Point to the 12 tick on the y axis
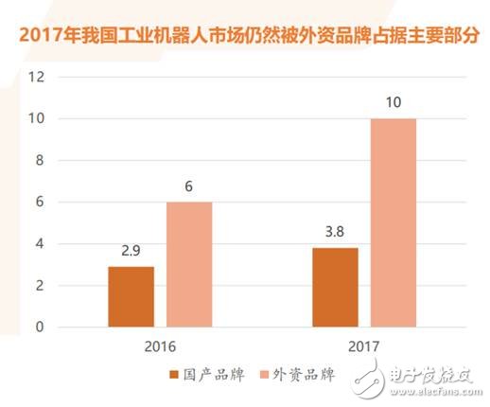(37, 77)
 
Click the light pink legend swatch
(256, 377)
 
